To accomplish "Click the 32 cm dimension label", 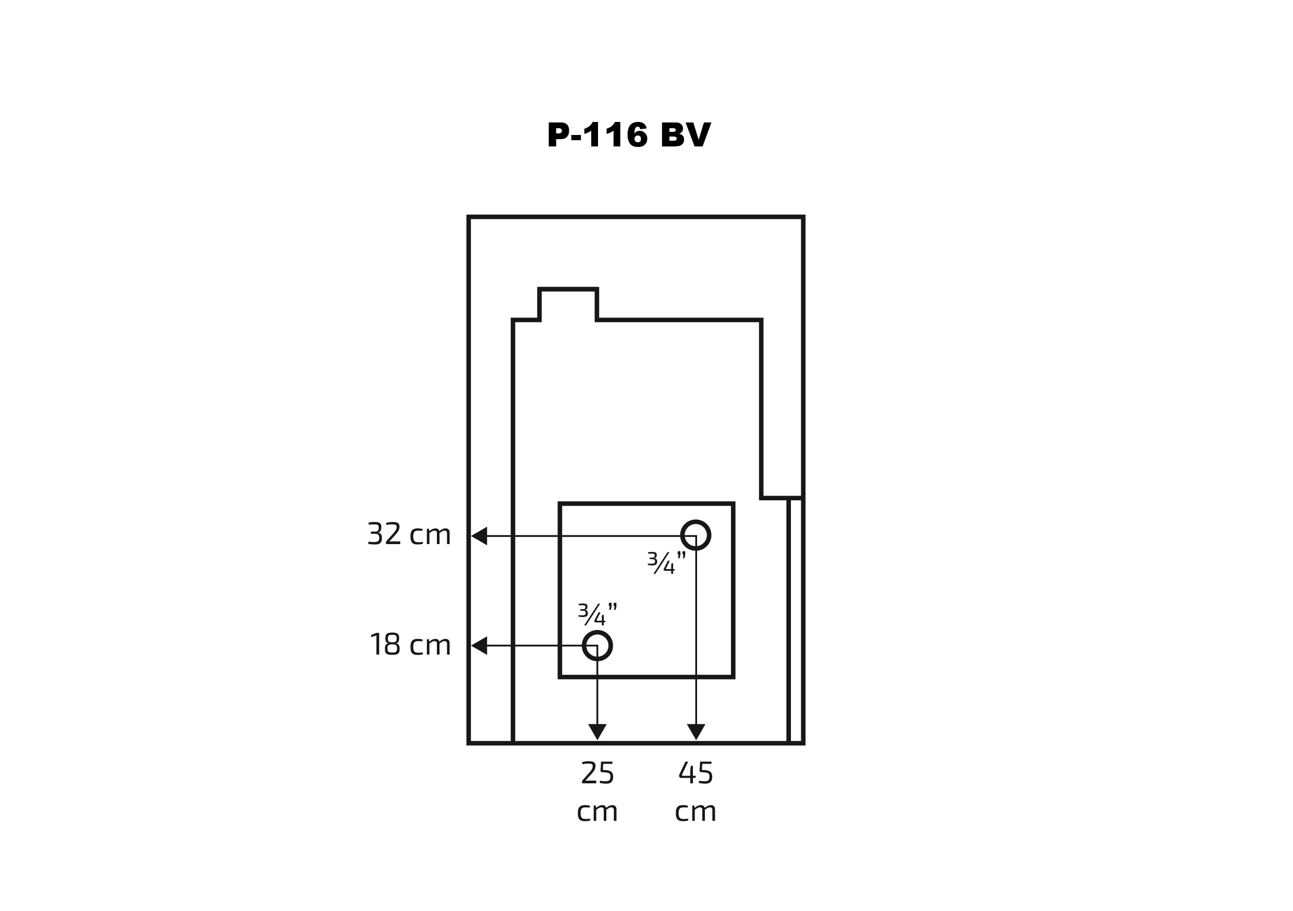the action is pos(409,534).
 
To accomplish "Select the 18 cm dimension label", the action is pos(410,645).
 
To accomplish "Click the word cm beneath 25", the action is pos(597,812).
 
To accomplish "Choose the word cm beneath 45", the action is pos(696,812).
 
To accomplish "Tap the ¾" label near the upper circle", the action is pos(667,562).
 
